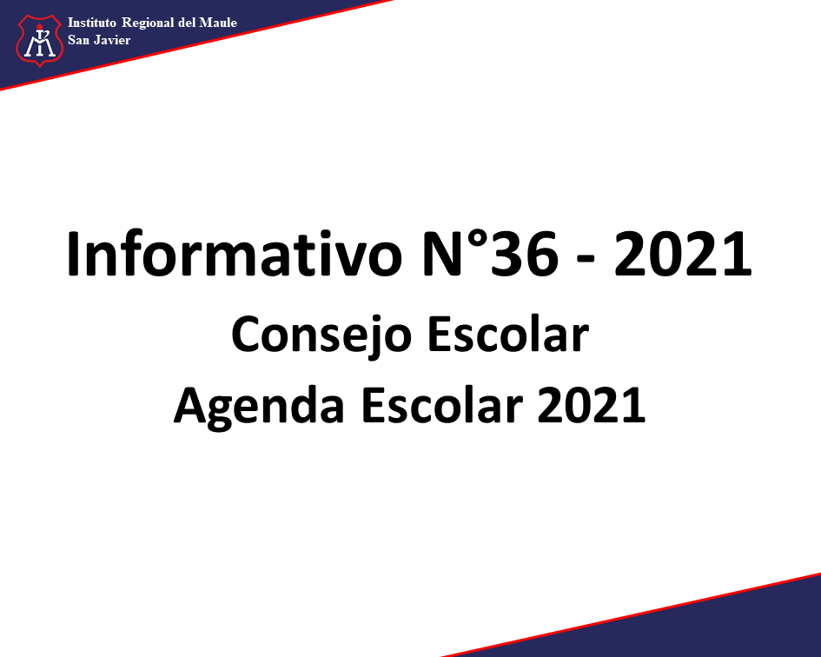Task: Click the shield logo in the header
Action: click(x=40, y=40)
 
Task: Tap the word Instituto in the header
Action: click(x=92, y=23)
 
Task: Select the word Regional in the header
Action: click(x=148, y=23)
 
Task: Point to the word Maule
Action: click(x=218, y=23)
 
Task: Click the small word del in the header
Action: click(x=187, y=23)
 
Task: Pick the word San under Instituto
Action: click(x=78, y=40)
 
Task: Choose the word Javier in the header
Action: click(x=112, y=40)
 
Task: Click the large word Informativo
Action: click(x=234, y=254)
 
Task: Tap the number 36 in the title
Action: click(x=525, y=254)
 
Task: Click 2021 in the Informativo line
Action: click(x=683, y=254)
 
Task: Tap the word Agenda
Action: click(x=259, y=407)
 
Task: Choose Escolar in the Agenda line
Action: click(x=442, y=405)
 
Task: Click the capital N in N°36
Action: click(x=444, y=254)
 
